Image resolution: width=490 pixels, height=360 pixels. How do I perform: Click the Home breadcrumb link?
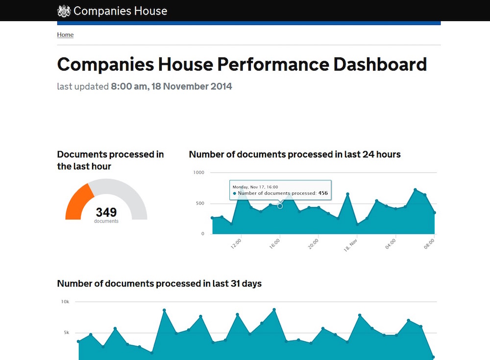point(65,35)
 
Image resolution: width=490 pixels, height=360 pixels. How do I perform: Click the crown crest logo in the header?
point(64,11)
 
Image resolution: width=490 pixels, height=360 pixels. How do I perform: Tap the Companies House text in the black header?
point(120,11)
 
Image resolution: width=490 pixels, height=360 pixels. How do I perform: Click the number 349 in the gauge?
point(106,212)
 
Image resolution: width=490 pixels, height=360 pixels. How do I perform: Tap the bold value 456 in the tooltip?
point(323,193)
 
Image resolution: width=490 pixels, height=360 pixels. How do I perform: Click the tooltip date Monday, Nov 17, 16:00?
point(255,187)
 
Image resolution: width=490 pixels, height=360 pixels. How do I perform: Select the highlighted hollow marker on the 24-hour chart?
point(280,206)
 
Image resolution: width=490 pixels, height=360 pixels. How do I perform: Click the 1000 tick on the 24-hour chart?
point(198,173)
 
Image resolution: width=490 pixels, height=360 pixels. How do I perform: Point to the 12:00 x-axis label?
point(236,244)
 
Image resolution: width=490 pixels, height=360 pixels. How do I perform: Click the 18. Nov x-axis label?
point(350,245)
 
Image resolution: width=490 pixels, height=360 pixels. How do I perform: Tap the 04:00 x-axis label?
point(391,244)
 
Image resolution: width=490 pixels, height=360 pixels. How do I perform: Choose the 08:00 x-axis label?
point(430,244)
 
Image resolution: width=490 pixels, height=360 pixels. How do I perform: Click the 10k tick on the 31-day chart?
point(65,302)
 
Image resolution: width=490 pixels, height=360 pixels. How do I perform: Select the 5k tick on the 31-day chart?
point(66,333)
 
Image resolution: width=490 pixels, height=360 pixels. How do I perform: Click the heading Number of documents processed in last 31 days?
point(159,283)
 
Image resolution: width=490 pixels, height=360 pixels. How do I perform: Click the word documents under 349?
point(106,221)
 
